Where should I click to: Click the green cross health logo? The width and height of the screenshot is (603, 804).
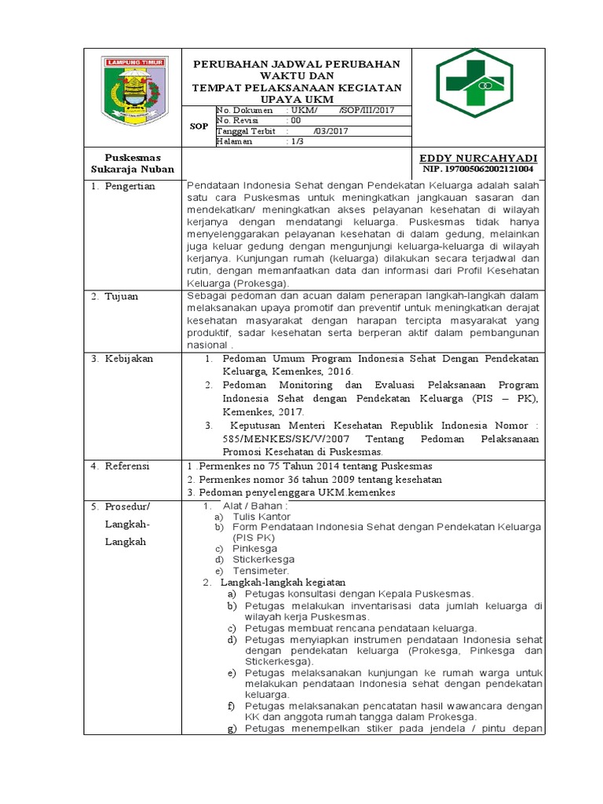(x=478, y=83)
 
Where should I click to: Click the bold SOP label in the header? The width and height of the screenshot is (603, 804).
(x=199, y=126)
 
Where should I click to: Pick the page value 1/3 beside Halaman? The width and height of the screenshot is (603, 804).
(x=298, y=142)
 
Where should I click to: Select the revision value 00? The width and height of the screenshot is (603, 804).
(x=294, y=121)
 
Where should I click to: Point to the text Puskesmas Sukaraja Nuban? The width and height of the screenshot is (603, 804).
(x=133, y=163)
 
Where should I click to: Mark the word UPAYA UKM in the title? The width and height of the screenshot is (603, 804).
(x=297, y=99)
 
